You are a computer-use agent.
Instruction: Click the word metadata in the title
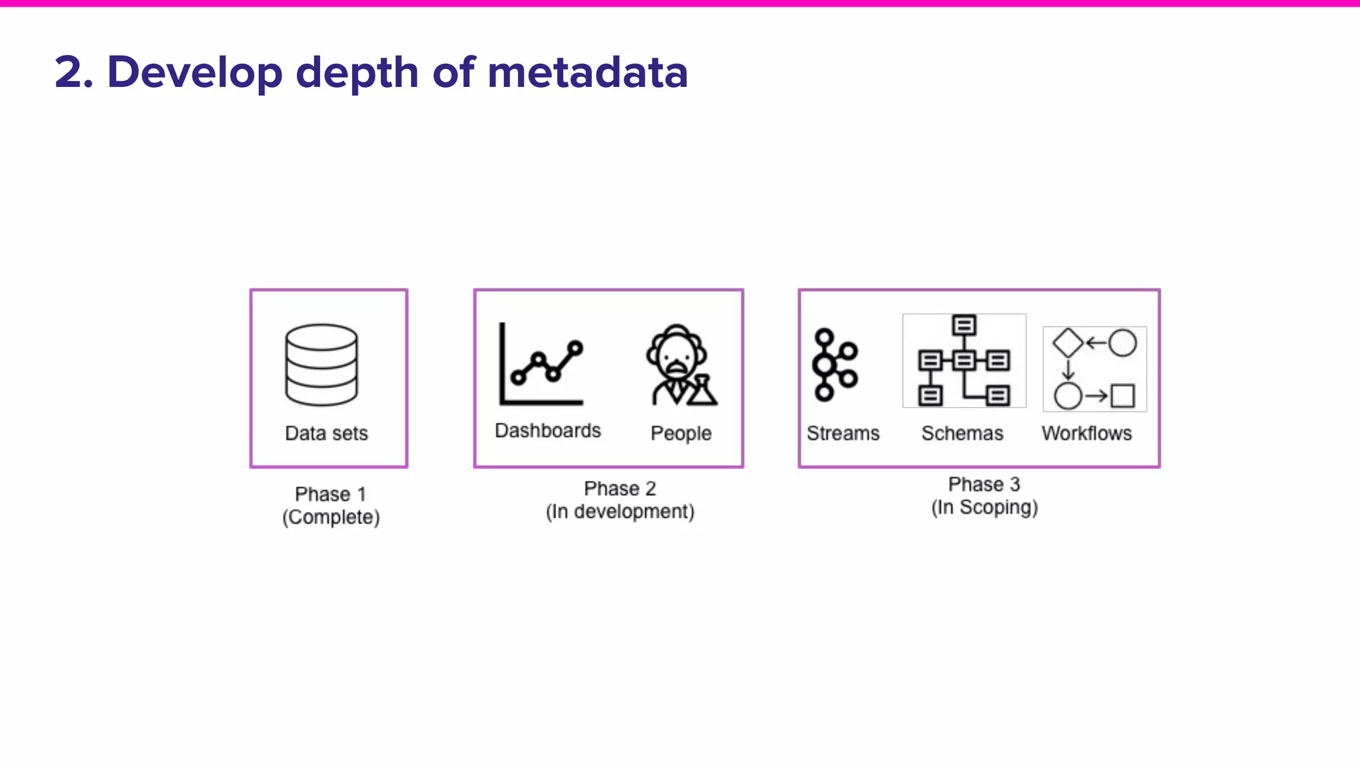point(588,72)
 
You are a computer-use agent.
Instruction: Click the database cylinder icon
point(321,365)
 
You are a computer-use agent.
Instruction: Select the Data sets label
point(326,433)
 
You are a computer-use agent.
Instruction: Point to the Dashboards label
point(548,430)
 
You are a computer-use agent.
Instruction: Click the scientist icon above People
point(681,365)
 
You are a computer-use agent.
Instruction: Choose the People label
point(681,433)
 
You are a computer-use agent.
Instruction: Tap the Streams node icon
point(834,365)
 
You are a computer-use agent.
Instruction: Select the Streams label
point(843,433)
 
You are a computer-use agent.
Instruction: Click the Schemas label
point(962,433)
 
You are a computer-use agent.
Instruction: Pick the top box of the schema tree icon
point(964,325)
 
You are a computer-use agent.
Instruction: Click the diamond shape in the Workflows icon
point(1068,343)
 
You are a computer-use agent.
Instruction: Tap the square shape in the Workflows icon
point(1122,396)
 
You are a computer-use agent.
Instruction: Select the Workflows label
point(1086,433)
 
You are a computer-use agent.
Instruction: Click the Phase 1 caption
point(330,494)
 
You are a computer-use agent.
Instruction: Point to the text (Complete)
point(331,517)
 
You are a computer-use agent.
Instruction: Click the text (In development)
point(620,511)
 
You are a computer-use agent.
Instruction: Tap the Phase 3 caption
point(983,484)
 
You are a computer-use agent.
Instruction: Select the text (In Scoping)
point(984,507)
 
